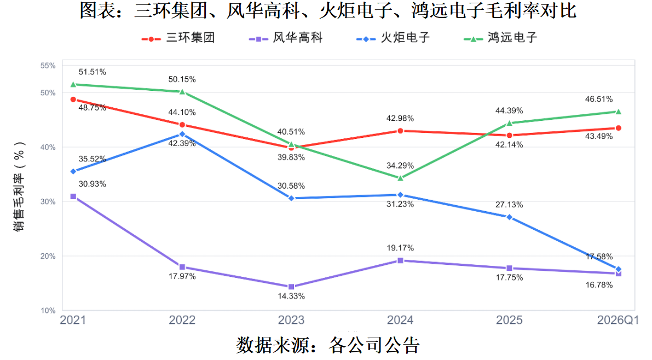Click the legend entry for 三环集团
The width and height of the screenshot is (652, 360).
point(178,38)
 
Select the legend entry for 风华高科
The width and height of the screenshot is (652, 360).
point(286,38)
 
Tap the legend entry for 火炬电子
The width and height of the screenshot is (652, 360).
point(393,38)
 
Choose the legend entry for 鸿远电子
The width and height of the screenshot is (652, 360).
point(500,38)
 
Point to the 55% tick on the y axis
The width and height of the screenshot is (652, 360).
point(48,66)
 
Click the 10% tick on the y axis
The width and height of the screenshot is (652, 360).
point(48,311)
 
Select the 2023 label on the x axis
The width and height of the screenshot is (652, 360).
point(291,320)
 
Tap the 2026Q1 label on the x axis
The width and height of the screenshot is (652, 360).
point(618,320)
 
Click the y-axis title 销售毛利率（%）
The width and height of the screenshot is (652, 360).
point(19,186)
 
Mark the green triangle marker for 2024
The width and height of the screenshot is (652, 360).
point(400,178)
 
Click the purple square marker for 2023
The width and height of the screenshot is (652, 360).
point(291,287)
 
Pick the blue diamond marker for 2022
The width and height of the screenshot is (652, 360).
point(182,134)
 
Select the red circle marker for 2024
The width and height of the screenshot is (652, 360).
point(400,131)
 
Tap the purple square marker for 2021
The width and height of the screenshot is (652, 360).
point(73,196)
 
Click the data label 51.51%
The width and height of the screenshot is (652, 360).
point(93,72)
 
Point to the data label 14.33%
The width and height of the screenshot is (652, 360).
point(291,297)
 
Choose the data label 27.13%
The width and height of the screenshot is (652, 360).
point(509,205)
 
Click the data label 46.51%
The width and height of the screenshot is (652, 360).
point(599,99)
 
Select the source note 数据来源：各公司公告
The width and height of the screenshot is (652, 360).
point(328,345)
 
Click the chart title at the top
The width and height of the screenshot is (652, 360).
point(328,10)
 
